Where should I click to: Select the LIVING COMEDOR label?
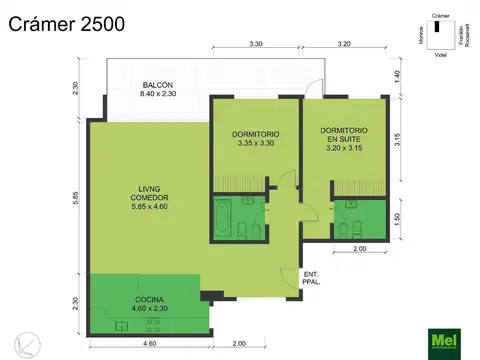(148, 198)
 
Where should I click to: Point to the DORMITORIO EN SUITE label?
(343, 139)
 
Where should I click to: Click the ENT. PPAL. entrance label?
(311, 279)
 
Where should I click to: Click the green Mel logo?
(445, 340)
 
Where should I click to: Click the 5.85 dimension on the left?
(75, 199)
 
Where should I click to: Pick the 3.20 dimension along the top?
(343, 44)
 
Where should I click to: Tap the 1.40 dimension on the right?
(396, 75)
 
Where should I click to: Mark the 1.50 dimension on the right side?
(396, 219)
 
